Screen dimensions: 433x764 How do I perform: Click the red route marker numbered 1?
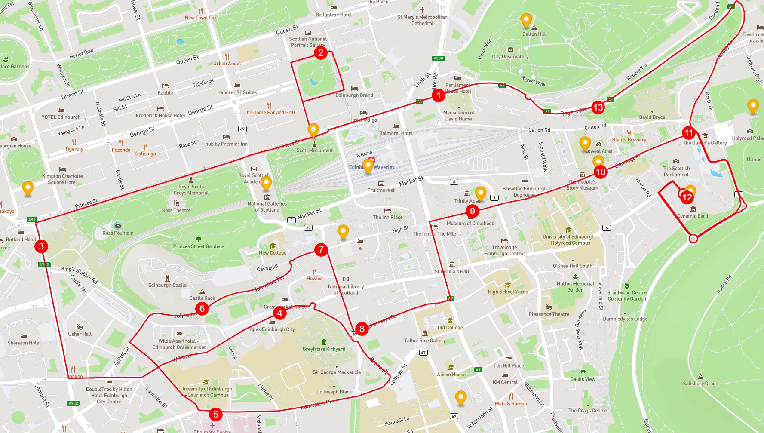tap(438, 95)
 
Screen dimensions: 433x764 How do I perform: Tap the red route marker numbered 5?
tap(216, 414)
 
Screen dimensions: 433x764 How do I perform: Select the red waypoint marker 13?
tap(598, 107)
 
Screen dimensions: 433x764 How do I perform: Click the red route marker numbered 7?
tap(321, 249)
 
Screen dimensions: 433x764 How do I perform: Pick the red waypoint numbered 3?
tap(41, 246)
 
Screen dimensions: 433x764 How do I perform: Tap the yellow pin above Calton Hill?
tap(526, 20)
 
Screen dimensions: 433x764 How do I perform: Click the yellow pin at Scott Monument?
tap(313, 129)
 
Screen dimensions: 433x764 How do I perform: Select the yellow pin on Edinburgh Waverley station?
tap(368, 166)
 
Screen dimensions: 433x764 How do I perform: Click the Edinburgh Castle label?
tap(167, 285)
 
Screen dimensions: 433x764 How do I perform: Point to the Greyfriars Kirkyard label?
tap(324, 349)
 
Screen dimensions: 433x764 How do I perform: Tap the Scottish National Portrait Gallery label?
tap(308, 42)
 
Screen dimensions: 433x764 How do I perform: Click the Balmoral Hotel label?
tap(396, 133)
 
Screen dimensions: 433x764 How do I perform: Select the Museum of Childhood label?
tap(470, 224)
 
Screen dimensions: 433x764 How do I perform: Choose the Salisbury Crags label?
tap(700, 384)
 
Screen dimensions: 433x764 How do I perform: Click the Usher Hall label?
tap(80, 334)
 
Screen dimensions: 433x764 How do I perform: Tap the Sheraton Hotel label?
tap(24, 343)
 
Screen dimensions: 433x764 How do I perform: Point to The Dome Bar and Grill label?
tap(269, 113)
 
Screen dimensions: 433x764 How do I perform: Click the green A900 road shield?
tap(438, 58)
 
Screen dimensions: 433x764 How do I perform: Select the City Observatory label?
tap(510, 56)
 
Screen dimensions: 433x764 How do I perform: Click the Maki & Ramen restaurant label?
tap(511, 404)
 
